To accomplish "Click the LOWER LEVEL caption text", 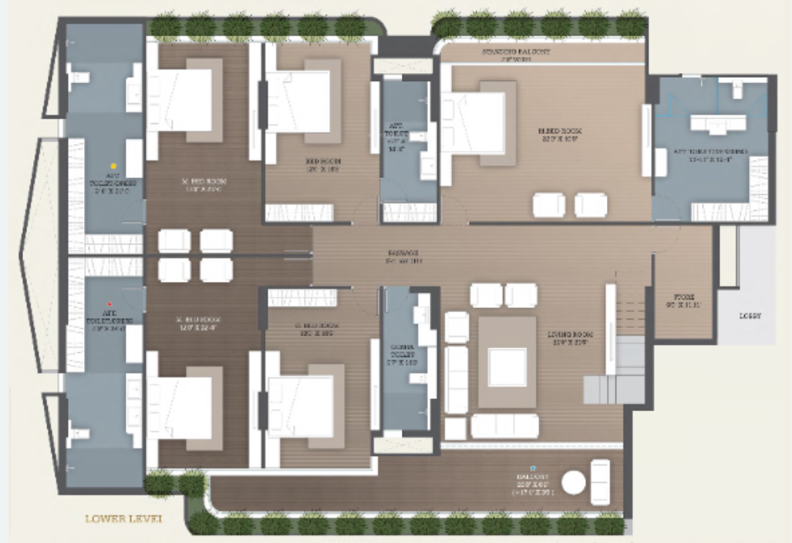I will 123,518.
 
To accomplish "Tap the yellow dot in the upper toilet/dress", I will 113,166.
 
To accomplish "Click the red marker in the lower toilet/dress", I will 110,304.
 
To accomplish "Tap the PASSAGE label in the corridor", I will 403,256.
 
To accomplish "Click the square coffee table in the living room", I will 507,367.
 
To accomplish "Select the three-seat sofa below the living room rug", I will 504,425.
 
